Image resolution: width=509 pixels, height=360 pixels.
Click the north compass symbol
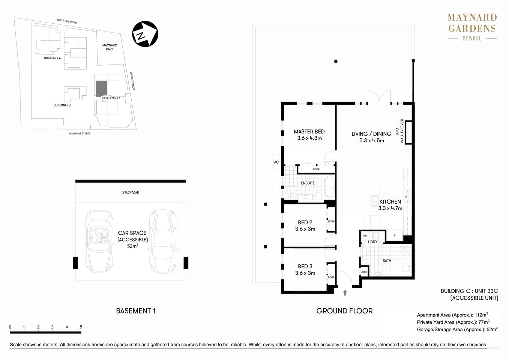[145, 34]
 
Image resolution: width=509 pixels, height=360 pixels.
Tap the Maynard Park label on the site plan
[110, 47]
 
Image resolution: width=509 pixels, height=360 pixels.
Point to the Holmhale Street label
[80, 133]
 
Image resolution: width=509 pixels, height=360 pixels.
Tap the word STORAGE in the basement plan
[130, 192]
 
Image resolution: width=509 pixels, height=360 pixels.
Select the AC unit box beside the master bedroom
[276, 162]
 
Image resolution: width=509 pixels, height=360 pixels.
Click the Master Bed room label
[309, 132]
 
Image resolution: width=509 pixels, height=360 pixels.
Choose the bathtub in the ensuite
[330, 187]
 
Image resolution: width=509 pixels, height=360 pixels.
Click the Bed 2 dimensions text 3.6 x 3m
[305, 229]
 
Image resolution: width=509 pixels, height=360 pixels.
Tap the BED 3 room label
[305, 266]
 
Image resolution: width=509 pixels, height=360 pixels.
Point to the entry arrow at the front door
[345, 292]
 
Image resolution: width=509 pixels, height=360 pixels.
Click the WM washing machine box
[365, 235]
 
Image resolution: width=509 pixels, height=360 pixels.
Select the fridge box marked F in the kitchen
[394, 235]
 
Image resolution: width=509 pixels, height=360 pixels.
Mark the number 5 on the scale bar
[81, 327]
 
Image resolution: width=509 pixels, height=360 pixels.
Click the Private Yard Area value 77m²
[483, 322]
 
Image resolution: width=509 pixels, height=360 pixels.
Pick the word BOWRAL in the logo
[471, 38]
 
